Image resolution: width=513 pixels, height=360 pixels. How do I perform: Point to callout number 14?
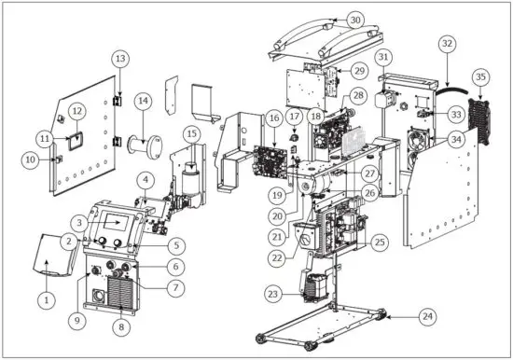[143, 101]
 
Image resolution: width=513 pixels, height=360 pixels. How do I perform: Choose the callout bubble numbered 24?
[426, 317]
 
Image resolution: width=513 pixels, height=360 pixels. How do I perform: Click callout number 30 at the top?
[354, 20]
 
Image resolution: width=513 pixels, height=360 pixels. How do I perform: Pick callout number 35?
[480, 76]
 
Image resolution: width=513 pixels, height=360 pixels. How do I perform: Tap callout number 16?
[273, 119]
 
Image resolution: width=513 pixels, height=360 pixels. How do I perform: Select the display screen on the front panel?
[114, 222]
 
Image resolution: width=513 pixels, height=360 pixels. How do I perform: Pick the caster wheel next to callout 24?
[381, 314]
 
